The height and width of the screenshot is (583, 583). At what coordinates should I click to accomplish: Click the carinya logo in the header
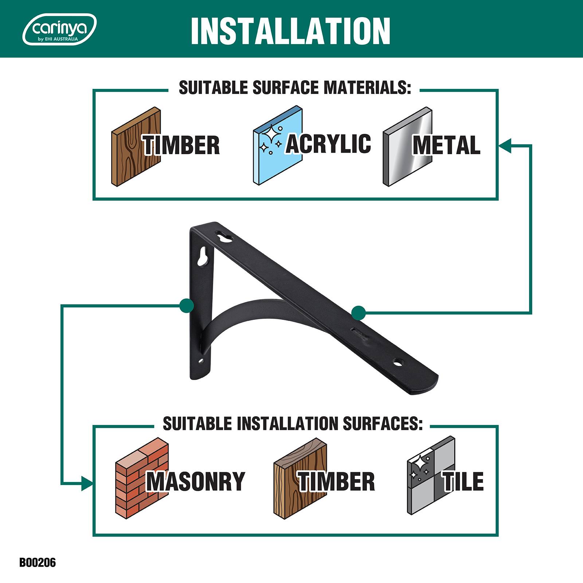click(x=60, y=30)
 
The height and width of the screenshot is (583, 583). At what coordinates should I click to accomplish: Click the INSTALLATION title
click(x=290, y=31)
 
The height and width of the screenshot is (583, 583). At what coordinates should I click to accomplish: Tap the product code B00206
click(x=38, y=562)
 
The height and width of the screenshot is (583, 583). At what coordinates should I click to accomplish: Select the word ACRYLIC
click(x=328, y=144)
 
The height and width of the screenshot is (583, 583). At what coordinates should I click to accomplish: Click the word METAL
click(x=446, y=145)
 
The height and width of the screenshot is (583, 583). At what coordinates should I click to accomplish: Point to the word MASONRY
click(x=196, y=481)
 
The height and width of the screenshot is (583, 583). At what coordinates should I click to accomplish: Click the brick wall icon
click(x=142, y=478)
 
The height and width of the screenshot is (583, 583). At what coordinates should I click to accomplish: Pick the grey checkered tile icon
click(x=431, y=476)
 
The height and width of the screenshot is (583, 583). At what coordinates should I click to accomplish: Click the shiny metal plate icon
click(x=407, y=147)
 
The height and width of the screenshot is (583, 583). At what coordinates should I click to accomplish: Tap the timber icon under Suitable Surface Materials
click(x=136, y=147)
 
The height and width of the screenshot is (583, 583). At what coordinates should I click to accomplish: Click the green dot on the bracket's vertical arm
click(x=187, y=306)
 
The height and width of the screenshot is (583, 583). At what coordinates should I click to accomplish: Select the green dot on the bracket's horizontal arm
click(x=359, y=313)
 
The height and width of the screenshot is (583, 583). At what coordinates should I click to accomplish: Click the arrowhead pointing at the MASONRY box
click(x=86, y=484)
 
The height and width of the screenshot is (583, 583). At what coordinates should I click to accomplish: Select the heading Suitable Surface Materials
click(x=295, y=88)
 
